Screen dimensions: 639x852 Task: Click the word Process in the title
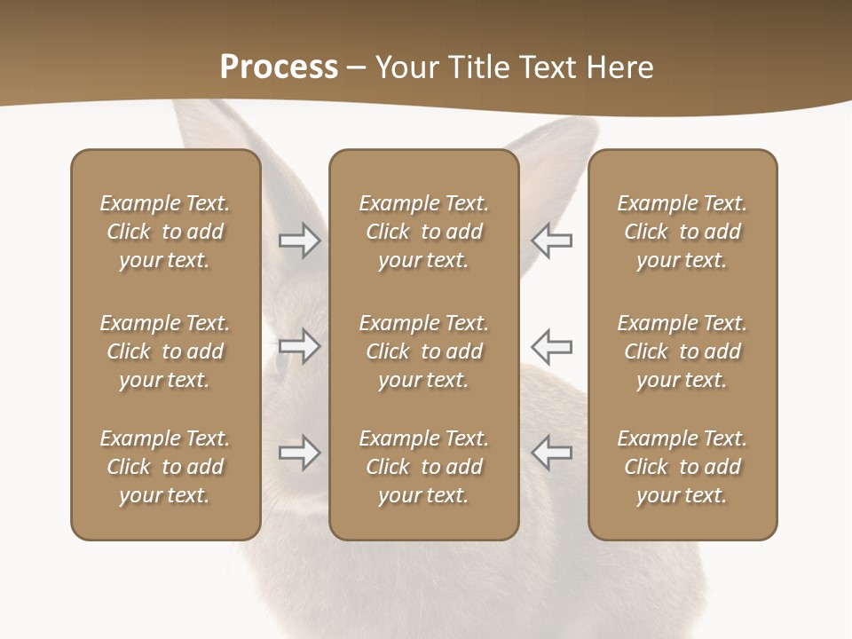point(279,67)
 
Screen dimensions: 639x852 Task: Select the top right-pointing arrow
point(299,241)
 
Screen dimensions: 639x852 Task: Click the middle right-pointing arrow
point(299,346)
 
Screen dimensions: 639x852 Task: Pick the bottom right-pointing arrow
point(299,453)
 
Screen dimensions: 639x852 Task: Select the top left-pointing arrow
point(552,241)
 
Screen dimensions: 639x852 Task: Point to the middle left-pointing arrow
point(552,346)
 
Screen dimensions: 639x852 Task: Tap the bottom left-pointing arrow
point(552,453)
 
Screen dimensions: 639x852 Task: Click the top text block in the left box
point(165,232)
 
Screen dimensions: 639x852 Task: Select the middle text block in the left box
point(165,351)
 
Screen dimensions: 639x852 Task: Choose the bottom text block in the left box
point(165,467)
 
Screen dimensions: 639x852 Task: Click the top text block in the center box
point(423,232)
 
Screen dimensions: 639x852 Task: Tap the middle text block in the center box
point(423,351)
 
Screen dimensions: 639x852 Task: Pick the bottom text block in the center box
point(423,467)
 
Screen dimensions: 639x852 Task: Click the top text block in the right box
point(682,232)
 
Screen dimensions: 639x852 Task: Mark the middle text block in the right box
point(682,351)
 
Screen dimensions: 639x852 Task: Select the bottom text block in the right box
point(682,467)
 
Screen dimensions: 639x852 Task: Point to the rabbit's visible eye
point(282,360)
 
